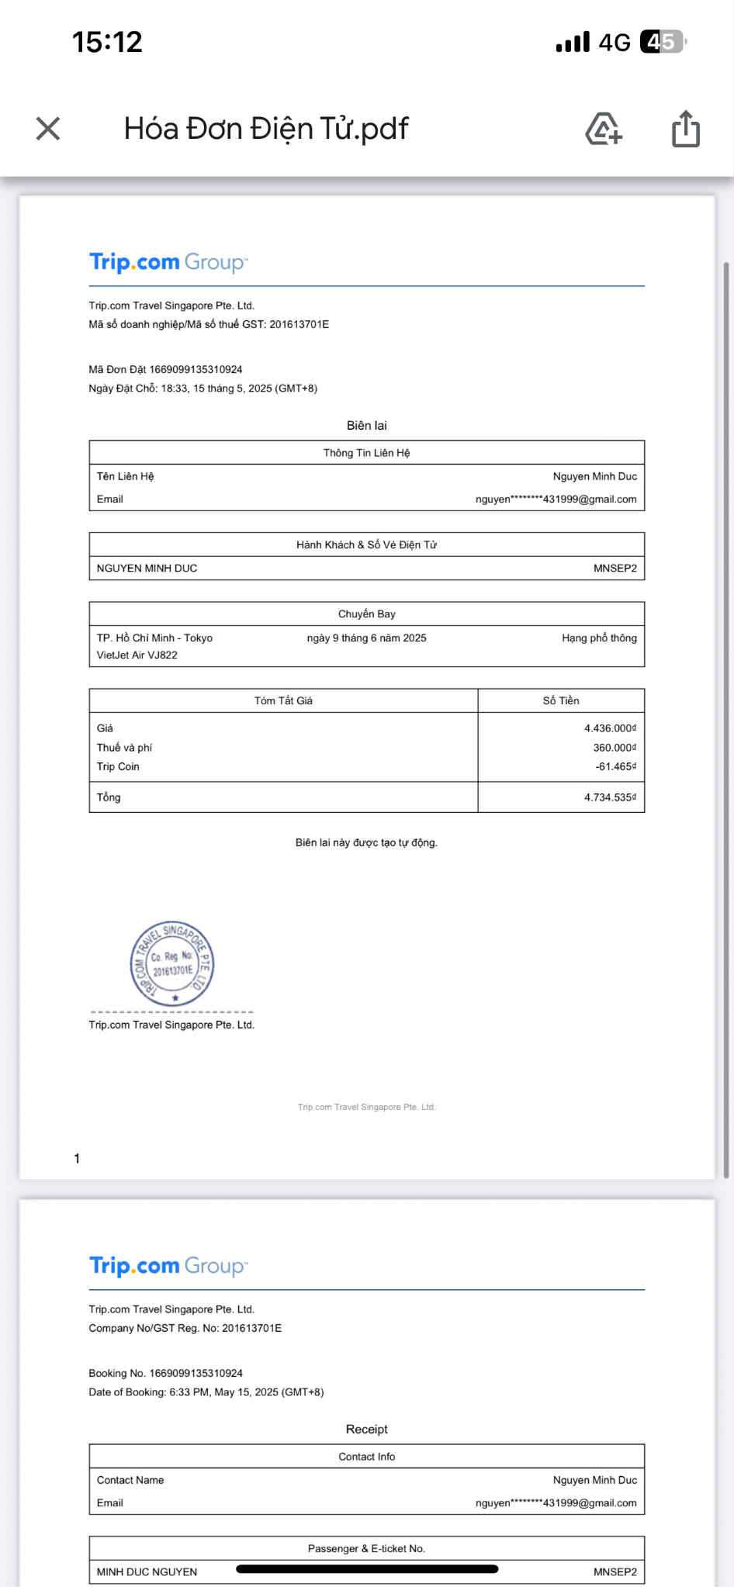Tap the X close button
[x=48, y=129]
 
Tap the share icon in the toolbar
[x=685, y=129]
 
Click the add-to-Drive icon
[x=604, y=129]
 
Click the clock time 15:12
[x=107, y=42]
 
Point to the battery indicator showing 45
[x=662, y=42]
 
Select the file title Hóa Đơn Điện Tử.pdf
[x=266, y=129]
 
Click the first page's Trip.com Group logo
[x=168, y=262]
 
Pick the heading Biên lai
[x=366, y=425]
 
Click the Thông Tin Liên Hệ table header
[x=366, y=453]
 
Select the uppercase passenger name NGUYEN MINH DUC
[x=147, y=569]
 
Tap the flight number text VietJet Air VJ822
[x=137, y=655]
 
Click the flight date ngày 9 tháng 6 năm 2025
[x=366, y=638]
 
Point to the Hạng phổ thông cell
[x=599, y=638]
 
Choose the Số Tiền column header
[x=560, y=700]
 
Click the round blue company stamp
[x=171, y=964]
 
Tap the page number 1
[x=77, y=1159]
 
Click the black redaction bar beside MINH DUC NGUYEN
[x=366, y=1569]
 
